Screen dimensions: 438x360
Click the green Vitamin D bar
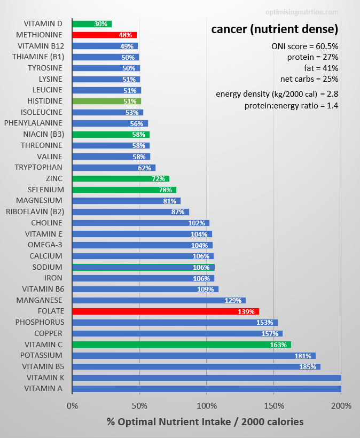pos(92,24)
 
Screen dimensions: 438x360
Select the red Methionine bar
pos(104,35)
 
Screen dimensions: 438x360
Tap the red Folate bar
pos(166,311)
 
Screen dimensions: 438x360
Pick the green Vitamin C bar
pos(182,345)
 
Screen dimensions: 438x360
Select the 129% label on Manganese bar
pos(233,301)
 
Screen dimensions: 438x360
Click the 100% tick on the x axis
pos(206,405)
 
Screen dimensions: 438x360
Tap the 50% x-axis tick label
pos(139,405)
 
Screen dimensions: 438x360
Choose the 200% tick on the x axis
pos(341,405)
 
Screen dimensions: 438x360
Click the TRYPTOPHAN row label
pos(39,167)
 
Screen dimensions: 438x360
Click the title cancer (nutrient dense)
pos(275,28)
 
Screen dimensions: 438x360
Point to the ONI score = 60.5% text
pos(304,46)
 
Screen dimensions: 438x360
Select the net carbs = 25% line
pos(309,79)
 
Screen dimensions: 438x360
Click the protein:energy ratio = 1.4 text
pos(291,105)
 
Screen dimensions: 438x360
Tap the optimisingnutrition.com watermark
pos(302,12)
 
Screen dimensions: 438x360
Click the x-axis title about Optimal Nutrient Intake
pos(205,421)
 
